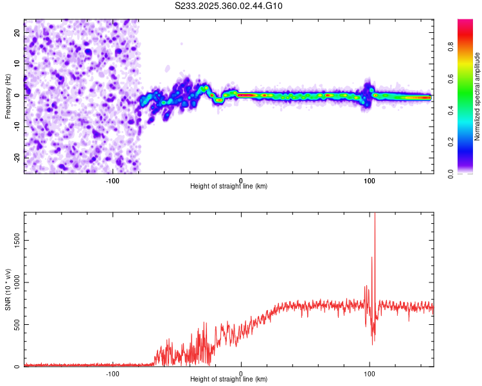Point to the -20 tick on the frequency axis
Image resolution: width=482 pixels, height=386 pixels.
16,157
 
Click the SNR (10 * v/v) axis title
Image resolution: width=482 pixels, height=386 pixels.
8,289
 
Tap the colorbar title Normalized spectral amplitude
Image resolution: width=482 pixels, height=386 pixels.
478,96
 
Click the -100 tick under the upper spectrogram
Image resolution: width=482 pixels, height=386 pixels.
113,180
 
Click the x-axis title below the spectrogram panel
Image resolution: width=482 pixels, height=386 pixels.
229,187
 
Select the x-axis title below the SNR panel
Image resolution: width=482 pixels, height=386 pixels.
229,380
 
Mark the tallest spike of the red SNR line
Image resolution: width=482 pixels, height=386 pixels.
375,216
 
